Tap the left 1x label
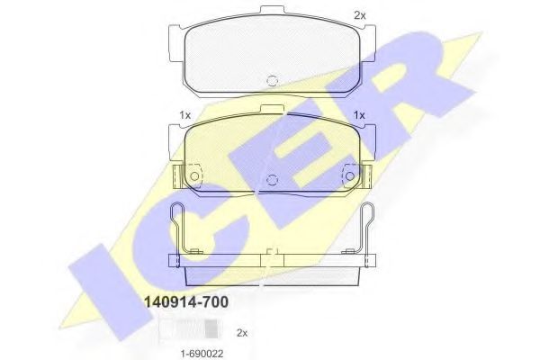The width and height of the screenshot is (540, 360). click(x=185, y=115)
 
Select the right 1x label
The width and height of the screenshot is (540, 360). click(x=358, y=115)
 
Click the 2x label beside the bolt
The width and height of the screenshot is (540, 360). click(x=241, y=332)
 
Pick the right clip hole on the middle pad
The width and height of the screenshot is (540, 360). click(x=348, y=175)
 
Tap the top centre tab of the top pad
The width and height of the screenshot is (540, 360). click(x=271, y=11)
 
